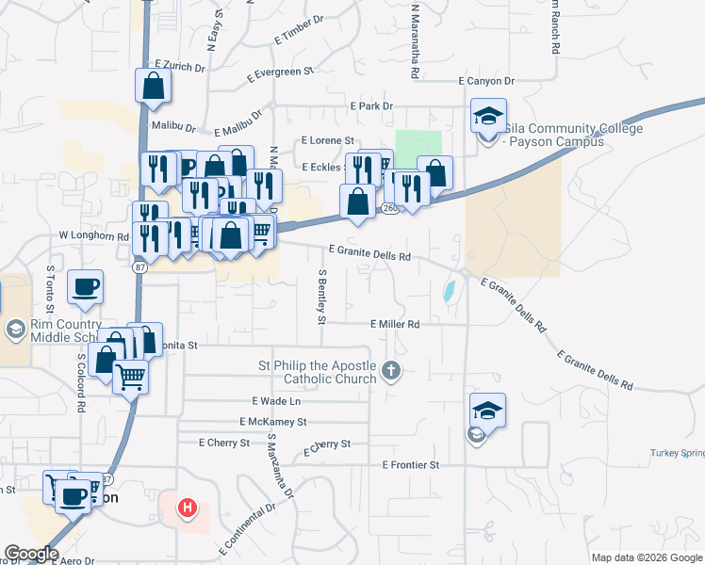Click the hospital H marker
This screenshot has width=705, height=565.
tap(189, 508)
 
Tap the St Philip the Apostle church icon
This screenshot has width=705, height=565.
tap(392, 372)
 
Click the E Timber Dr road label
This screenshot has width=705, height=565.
tap(299, 30)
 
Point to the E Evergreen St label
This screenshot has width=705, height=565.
tap(279, 73)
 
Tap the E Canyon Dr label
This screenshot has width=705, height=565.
tap(485, 82)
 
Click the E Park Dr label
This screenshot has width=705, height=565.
tap(370, 106)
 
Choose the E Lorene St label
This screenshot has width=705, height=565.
tap(326, 139)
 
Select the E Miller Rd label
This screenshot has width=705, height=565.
tap(395, 324)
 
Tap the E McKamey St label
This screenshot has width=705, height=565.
tap(273, 422)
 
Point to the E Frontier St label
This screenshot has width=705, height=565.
tap(411, 465)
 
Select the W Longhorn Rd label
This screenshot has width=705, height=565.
tap(92, 235)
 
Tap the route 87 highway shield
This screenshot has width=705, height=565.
tap(139, 268)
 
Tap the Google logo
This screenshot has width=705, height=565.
tap(31, 554)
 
